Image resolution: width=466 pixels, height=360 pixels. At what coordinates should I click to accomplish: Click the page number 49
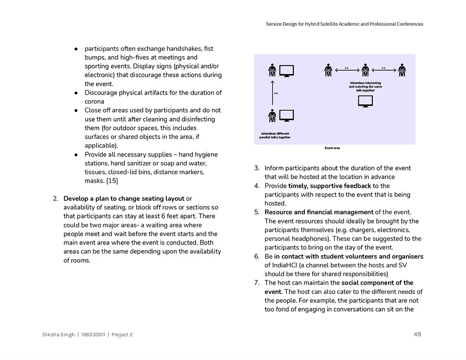[x=417, y=334]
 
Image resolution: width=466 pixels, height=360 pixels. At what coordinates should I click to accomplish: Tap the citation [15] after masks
[x=112, y=181]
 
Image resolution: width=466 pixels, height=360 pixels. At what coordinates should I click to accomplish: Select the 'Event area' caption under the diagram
[x=332, y=148]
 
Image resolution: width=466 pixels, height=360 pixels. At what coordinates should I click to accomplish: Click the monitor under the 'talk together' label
[x=365, y=101]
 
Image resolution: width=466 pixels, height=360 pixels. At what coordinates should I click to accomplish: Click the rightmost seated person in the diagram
[x=402, y=70]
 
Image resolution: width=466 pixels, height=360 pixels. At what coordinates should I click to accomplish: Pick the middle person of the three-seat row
[x=365, y=70]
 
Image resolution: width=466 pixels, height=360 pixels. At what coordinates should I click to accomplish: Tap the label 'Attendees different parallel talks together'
[x=275, y=136]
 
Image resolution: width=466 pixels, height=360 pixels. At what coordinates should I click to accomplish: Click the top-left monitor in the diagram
[x=287, y=71]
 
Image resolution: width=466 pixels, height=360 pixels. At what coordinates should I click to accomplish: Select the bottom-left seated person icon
[x=272, y=115]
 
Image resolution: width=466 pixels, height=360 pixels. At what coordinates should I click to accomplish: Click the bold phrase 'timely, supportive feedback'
[x=329, y=186]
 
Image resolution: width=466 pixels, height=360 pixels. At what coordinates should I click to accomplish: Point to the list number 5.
[x=257, y=212]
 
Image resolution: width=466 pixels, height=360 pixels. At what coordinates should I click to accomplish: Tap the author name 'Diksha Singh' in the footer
[x=58, y=335]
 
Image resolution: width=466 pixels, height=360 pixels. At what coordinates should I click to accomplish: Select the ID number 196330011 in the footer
[x=93, y=335]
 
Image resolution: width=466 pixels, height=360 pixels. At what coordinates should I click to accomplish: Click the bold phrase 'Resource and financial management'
[x=319, y=212]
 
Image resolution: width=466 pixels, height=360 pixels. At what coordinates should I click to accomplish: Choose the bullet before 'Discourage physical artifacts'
[x=76, y=93]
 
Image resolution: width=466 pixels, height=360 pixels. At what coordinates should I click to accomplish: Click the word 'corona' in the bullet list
[x=94, y=102]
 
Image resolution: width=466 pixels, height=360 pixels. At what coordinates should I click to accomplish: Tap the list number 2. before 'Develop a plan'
[x=55, y=199]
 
